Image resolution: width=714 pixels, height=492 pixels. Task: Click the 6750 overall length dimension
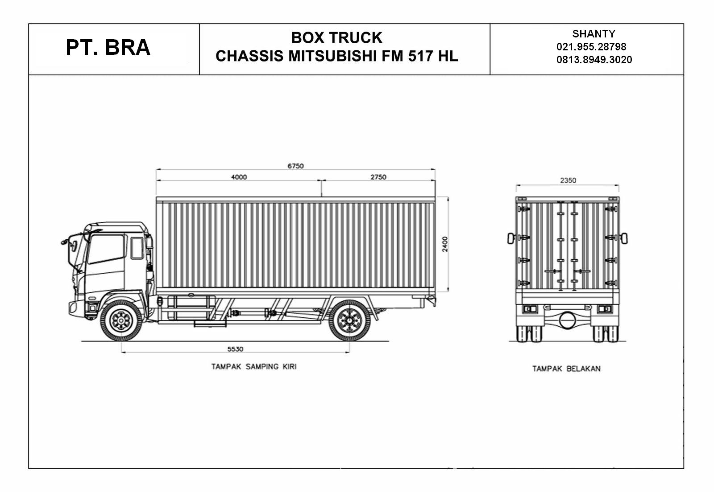click(x=295, y=166)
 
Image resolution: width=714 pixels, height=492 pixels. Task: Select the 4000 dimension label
click(x=239, y=177)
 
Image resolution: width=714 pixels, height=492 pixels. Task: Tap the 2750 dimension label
click(x=378, y=177)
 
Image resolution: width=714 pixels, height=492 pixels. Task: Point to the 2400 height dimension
click(x=445, y=244)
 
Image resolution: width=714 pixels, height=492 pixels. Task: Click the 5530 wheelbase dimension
click(x=235, y=349)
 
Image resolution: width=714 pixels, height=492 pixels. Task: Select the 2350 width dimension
click(x=568, y=180)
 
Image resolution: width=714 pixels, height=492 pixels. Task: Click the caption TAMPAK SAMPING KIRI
click(x=253, y=367)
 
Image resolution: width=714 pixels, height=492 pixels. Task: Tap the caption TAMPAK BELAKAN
click(x=566, y=369)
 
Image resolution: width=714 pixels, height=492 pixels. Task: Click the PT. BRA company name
click(x=108, y=48)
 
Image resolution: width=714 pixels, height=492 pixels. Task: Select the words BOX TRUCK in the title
click(x=336, y=38)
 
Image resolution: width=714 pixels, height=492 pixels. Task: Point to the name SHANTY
click(x=594, y=33)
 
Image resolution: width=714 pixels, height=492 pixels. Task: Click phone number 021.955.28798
click(x=591, y=46)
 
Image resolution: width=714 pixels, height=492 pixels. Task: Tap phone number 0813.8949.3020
click(x=594, y=60)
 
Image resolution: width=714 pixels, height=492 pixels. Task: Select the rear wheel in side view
click(x=349, y=320)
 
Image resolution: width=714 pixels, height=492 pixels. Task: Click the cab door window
click(x=106, y=249)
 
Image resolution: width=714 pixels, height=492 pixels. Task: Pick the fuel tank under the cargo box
click(x=191, y=307)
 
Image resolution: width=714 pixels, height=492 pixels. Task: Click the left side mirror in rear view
click(x=511, y=238)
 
